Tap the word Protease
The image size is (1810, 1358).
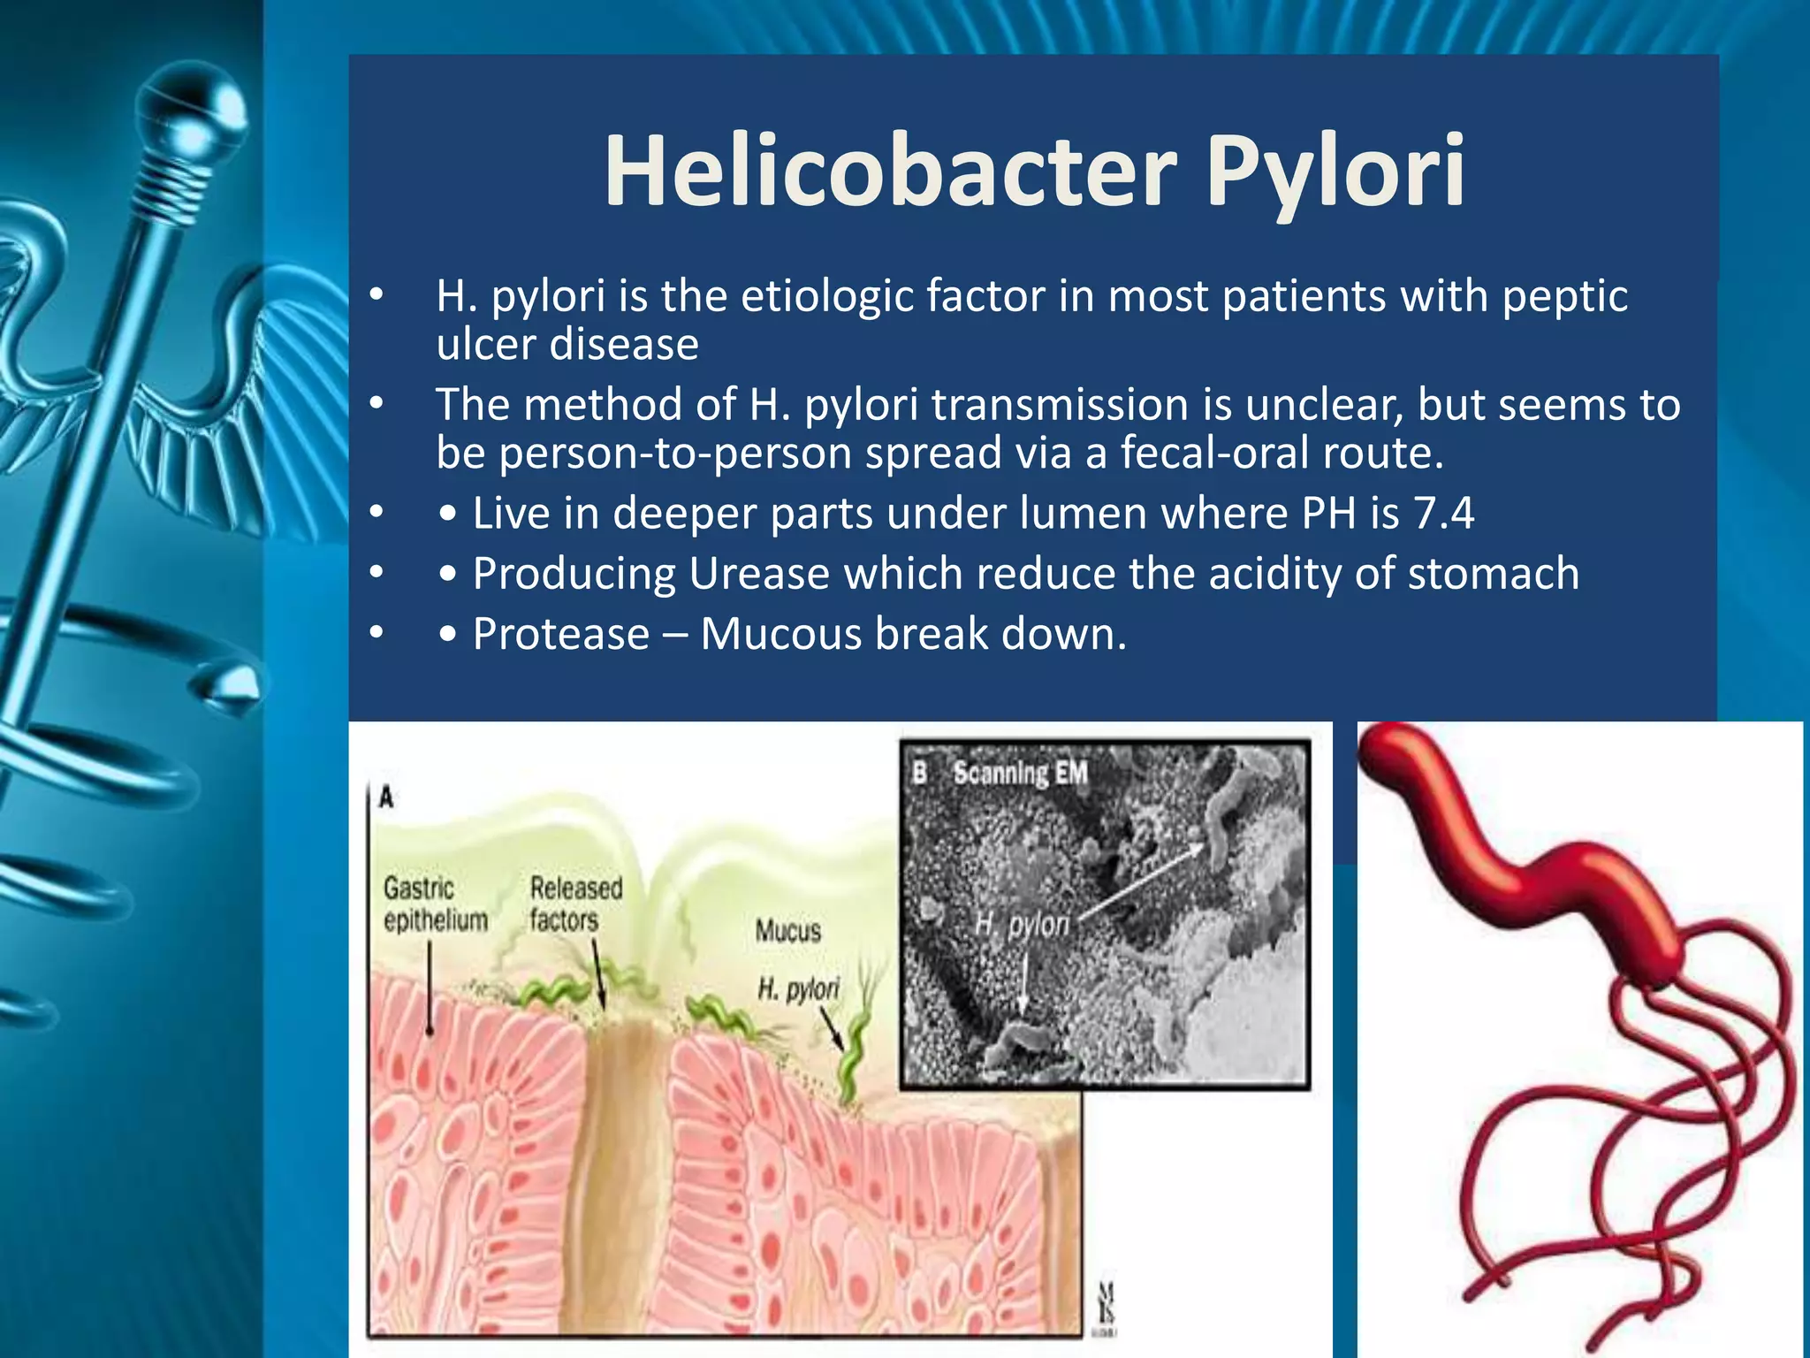tap(561, 635)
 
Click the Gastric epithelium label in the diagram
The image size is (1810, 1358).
tap(434, 904)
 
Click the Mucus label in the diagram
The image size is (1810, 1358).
tap(787, 931)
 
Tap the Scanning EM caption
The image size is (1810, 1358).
tap(1019, 774)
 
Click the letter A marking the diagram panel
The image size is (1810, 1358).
tap(386, 798)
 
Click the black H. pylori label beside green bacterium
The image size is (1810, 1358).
tap(798, 988)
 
